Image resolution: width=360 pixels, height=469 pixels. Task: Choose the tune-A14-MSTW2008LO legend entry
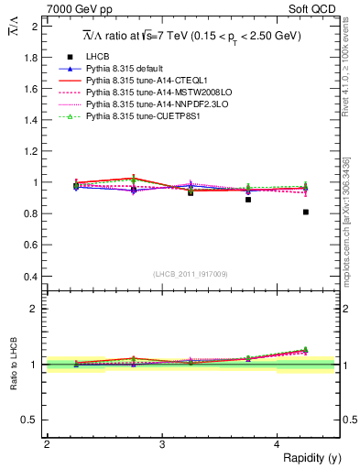point(150,118)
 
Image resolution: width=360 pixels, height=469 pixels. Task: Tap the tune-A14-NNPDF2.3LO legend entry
point(150,130)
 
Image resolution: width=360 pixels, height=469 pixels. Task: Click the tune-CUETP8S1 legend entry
point(142,142)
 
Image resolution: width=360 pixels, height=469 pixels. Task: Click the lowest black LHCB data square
point(306,212)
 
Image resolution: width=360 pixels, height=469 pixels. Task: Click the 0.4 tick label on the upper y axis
point(31,277)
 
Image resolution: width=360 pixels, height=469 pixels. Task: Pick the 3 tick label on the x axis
point(162,444)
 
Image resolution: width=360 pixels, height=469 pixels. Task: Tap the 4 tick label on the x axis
point(278,444)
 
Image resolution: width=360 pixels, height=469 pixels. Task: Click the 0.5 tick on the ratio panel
point(31,420)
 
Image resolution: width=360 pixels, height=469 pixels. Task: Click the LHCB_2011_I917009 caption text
point(191,274)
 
